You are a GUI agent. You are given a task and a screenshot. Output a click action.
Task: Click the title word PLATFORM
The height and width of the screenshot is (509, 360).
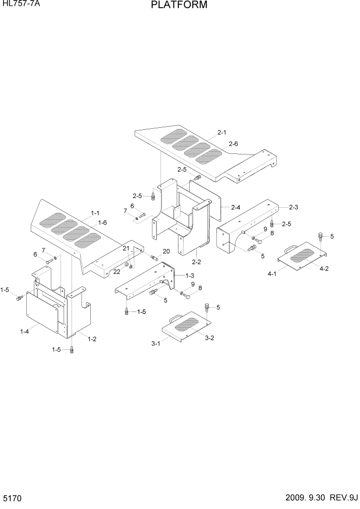[x=179, y=6]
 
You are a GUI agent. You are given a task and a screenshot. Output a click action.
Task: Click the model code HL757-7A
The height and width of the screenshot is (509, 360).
[x=19, y=5]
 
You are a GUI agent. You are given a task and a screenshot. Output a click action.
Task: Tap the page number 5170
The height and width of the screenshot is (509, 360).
[x=12, y=498]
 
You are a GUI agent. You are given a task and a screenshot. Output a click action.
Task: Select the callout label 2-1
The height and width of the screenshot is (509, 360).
[x=222, y=132]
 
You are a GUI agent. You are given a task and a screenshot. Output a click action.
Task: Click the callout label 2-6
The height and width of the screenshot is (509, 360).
[x=233, y=144]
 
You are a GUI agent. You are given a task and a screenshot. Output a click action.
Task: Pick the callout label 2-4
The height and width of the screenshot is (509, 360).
[x=236, y=207]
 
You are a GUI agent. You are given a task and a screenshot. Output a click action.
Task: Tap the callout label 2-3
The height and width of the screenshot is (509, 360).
[x=293, y=207]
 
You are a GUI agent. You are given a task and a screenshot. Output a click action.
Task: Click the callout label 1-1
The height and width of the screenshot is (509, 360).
[x=95, y=212]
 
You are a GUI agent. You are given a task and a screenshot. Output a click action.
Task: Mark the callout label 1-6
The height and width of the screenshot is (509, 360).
[x=102, y=223]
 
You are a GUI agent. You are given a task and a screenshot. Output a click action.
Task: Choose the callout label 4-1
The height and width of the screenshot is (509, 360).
[x=272, y=274]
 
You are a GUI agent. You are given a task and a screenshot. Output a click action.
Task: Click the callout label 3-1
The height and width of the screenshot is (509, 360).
[x=156, y=344]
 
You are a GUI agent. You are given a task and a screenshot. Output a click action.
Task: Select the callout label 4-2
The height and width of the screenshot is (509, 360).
[x=324, y=268]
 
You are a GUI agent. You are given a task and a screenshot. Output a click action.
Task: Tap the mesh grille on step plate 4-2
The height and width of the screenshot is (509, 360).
[x=305, y=254]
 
